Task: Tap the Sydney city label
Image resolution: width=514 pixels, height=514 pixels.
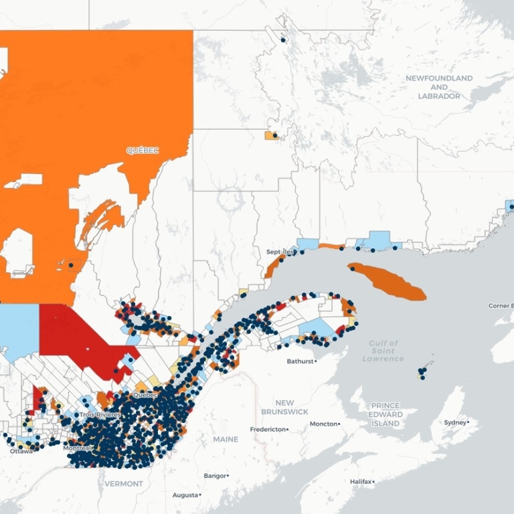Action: click(x=456, y=422)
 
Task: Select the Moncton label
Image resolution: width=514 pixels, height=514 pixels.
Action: click(x=323, y=424)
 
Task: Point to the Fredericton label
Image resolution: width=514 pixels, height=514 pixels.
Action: click(x=268, y=429)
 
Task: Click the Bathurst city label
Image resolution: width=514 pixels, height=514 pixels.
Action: click(x=300, y=361)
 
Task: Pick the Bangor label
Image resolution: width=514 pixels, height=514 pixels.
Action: click(x=215, y=475)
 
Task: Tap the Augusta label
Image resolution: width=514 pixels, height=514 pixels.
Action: click(x=185, y=495)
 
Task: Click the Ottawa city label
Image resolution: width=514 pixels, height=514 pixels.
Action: click(x=21, y=451)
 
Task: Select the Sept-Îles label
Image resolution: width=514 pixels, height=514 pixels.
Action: click(x=279, y=252)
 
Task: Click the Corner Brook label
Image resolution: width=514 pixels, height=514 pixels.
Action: click(x=501, y=305)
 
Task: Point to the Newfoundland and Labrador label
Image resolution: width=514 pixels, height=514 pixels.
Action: click(x=438, y=87)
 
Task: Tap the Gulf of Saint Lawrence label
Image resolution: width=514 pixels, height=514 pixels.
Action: click(x=383, y=351)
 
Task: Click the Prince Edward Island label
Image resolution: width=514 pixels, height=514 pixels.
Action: click(x=385, y=414)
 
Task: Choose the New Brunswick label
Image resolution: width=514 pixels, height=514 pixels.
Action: click(x=284, y=407)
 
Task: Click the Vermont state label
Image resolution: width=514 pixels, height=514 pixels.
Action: click(x=124, y=483)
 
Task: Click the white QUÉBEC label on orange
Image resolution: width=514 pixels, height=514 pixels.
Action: click(x=143, y=151)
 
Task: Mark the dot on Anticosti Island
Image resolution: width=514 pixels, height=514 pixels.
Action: click(x=352, y=269)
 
